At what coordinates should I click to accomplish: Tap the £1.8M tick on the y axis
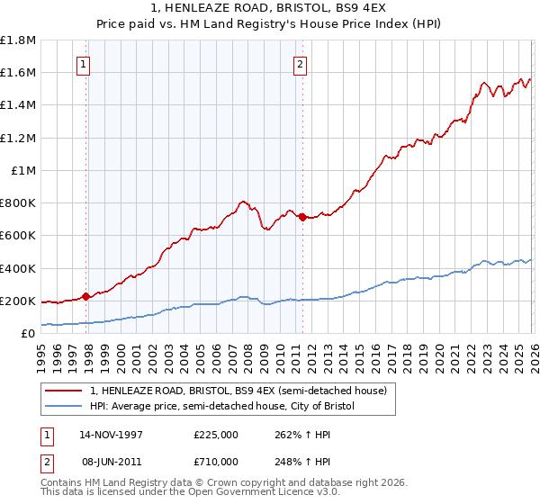18,40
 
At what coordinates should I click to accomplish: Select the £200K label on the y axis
18,301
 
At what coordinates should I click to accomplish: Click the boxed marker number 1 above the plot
84,64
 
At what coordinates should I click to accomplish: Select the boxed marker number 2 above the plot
299,64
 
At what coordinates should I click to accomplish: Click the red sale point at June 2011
301,217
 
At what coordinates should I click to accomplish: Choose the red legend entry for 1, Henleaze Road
238,391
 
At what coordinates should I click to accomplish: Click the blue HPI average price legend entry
222,407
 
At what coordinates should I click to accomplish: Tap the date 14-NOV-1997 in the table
112,434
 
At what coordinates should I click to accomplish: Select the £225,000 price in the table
216,434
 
